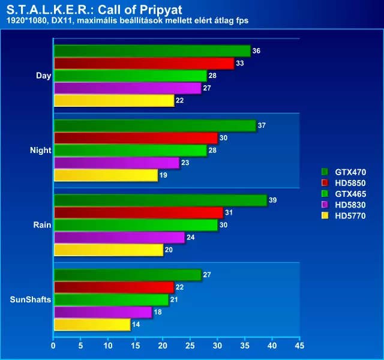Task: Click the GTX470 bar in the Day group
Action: tap(152, 51)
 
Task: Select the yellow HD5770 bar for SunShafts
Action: tap(92, 325)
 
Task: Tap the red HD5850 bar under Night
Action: tap(136, 138)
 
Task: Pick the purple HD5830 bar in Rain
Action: tap(119, 237)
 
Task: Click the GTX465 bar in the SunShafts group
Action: tap(111, 299)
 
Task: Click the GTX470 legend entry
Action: tap(350, 171)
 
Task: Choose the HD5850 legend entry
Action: tap(350, 182)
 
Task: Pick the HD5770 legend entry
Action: tap(350, 216)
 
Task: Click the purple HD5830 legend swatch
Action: tap(325, 205)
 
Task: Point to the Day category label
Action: tap(43, 76)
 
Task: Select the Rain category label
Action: tap(42, 225)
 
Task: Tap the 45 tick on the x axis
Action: tap(299, 346)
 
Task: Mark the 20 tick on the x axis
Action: tap(163, 346)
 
